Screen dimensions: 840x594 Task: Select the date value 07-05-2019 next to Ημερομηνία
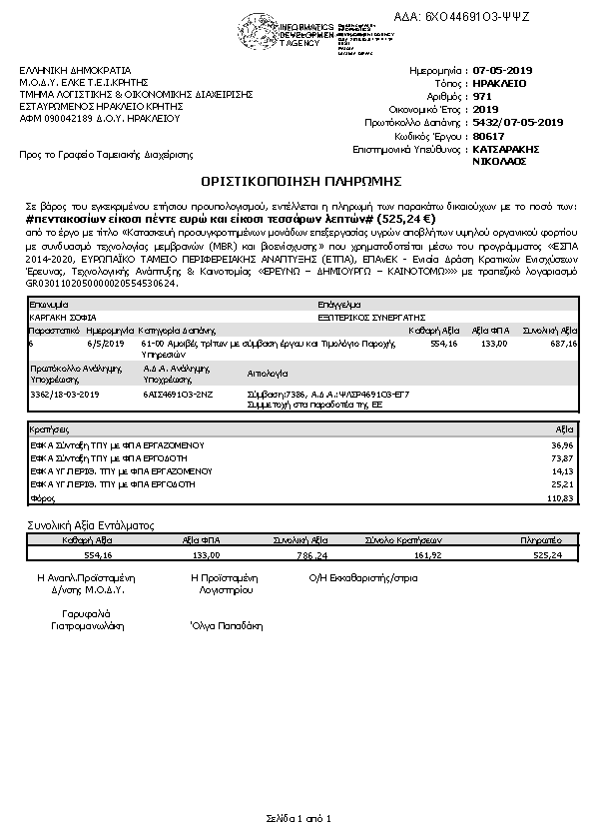click(x=503, y=71)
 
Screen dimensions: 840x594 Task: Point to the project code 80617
click(x=488, y=135)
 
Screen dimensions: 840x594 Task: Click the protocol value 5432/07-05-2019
click(x=518, y=122)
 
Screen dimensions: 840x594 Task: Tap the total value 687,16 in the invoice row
click(x=563, y=343)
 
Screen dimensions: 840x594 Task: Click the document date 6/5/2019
click(x=103, y=343)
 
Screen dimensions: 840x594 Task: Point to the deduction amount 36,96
click(x=563, y=443)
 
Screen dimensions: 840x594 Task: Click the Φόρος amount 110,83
click(x=561, y=496)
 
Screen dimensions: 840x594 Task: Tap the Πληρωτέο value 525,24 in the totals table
click(x=548, y=554)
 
